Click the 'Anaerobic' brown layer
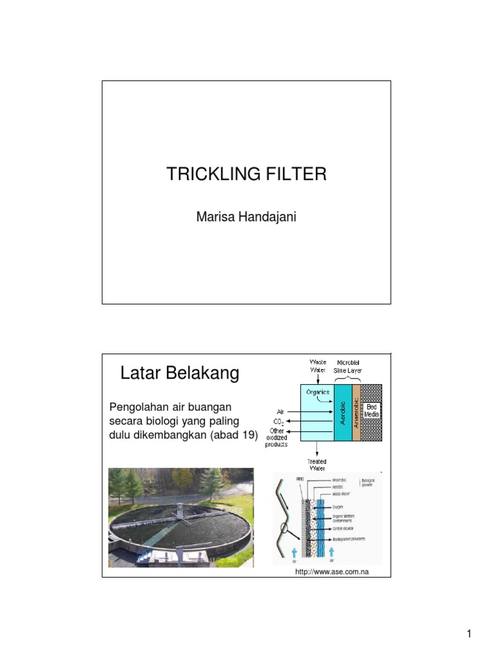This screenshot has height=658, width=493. tap(356, 413)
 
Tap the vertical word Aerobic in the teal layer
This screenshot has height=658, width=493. tap(343, 413)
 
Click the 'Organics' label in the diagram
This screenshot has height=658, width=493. tap(317, 392)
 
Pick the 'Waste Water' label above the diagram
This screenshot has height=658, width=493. tap(318, 366)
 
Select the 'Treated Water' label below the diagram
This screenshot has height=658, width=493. tap(316, 465)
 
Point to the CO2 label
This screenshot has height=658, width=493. tap(279, 422)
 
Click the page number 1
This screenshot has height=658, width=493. tap(469, 635)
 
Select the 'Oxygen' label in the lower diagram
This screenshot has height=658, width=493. tap(338, 508)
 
